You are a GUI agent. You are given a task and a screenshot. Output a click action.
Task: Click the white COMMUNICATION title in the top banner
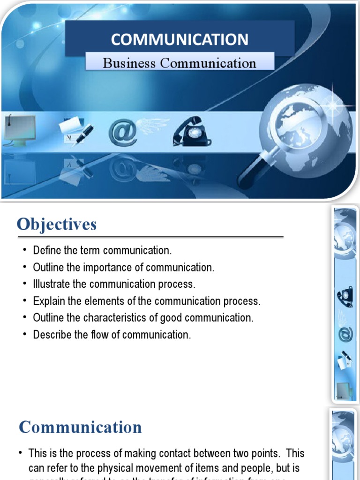point(180,39)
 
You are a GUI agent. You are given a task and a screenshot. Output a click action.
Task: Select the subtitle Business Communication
point(180,63)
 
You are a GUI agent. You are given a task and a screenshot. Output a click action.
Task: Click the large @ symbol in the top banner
point(123,132)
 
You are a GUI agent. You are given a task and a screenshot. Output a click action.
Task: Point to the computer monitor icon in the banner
point(20,128)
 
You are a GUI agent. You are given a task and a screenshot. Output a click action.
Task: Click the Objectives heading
point(57,224)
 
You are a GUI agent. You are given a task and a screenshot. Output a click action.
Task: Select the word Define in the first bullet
point(45,250)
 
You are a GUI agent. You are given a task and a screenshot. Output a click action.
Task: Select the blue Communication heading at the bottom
point(80,427)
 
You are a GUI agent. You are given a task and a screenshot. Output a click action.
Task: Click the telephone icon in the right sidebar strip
point(345,296)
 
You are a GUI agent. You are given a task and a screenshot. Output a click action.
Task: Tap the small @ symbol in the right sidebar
point(345,335)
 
